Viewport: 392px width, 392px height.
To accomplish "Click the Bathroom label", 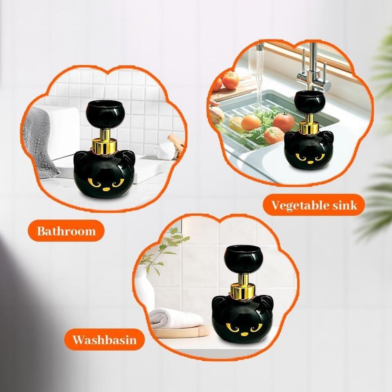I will pyautogui.click(x=66, y=230).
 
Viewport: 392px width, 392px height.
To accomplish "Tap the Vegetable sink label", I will pyautogui.click(x=314, y=205).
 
